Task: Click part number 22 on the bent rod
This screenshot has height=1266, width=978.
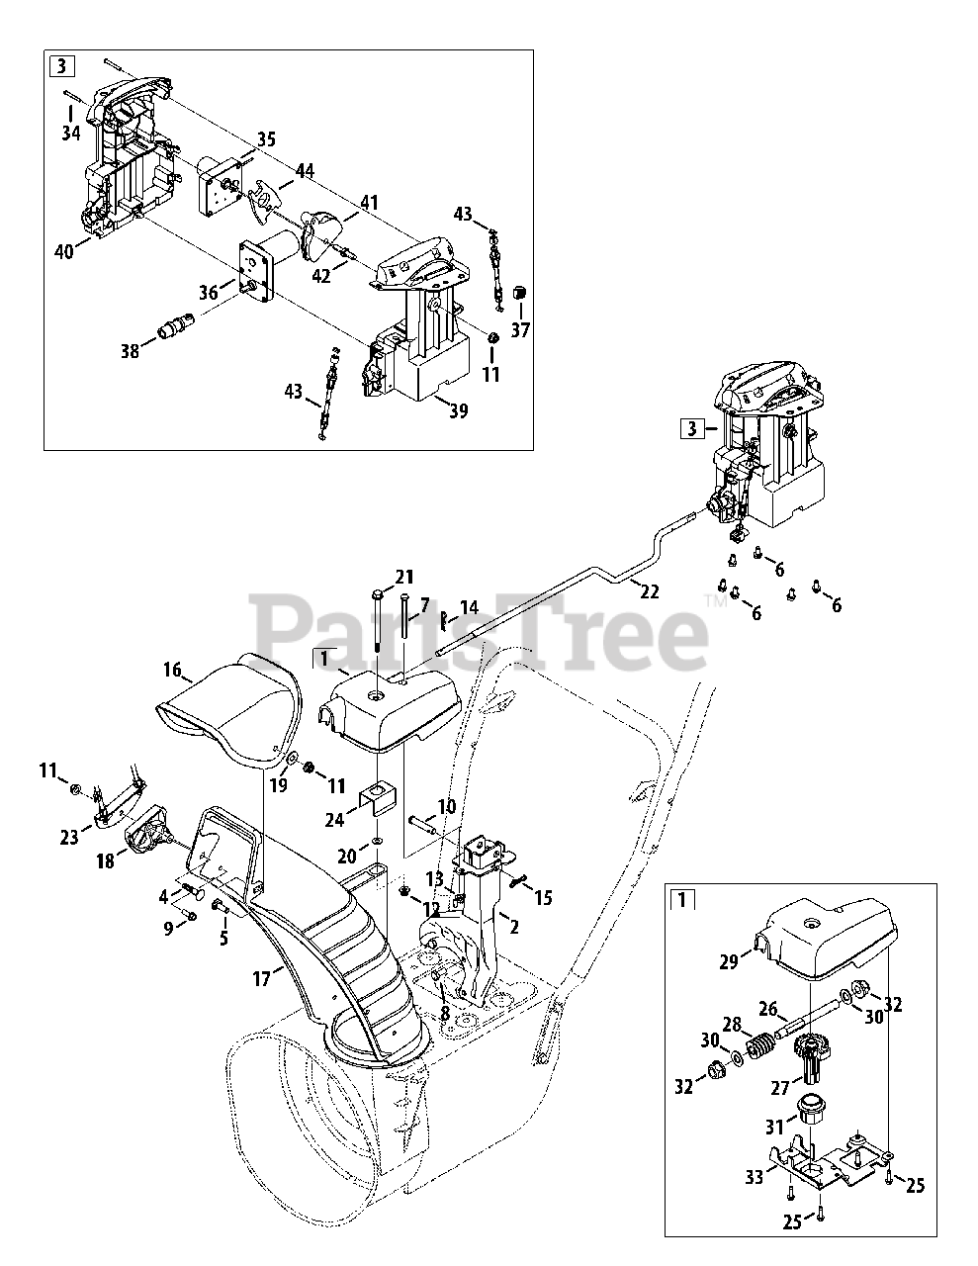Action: (x=649, y=591)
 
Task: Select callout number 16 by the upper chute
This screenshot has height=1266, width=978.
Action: (x=172, y=671)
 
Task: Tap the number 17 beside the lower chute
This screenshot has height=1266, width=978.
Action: (x=261, y=980)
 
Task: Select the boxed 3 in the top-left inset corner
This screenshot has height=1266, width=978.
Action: (x=62, y=67)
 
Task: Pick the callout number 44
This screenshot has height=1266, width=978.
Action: (x=305, y=171)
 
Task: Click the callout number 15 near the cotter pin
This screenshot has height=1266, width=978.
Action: (x=543, y=897)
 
